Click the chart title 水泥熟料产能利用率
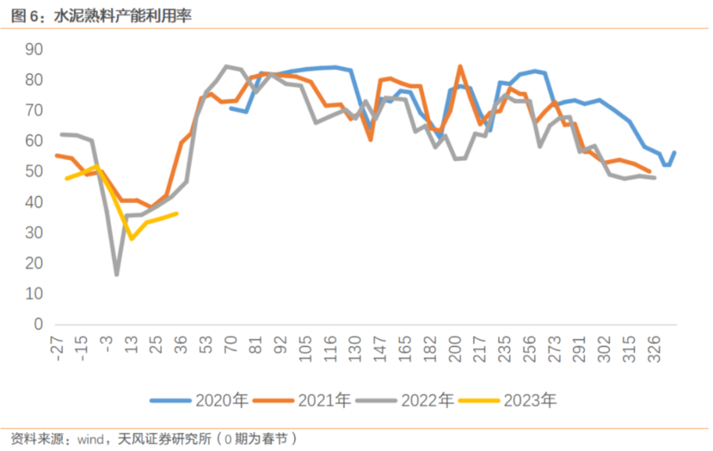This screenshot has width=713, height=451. point(122,16)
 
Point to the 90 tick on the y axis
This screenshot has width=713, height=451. point(34,50)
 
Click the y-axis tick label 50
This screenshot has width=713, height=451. point(34,172)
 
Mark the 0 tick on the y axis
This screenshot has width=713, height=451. point(38,325)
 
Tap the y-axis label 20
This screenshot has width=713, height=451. point(34,263)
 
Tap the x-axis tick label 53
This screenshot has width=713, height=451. point(207,347)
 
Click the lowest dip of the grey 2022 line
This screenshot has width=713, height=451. point(117,274)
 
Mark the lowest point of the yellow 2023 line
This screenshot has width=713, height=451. point(132,238)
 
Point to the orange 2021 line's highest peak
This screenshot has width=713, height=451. point(460,66)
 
